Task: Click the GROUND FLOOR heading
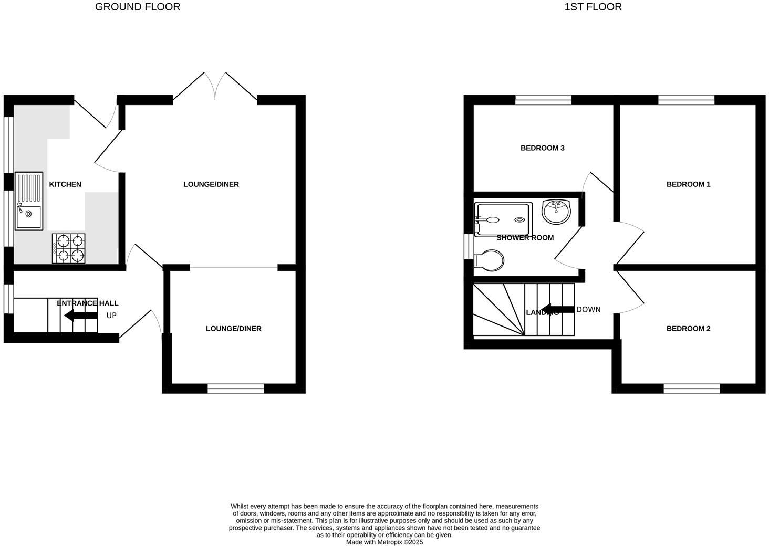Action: point(137,7)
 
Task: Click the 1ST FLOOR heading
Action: point(593,7)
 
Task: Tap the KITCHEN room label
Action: point(65,184)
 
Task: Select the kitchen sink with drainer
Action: point(29,201)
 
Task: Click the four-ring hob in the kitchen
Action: point(69,248)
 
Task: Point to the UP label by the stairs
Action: point(111,316)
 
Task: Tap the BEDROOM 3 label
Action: point(542,148)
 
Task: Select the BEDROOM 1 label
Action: point(688,184)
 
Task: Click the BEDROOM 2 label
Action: point(688,329)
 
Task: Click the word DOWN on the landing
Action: point(588,310)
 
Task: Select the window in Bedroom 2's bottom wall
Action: point(691,388)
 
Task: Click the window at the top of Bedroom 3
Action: point(543,100)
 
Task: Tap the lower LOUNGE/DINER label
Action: point(233,329)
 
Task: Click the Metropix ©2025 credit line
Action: point(384,542)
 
